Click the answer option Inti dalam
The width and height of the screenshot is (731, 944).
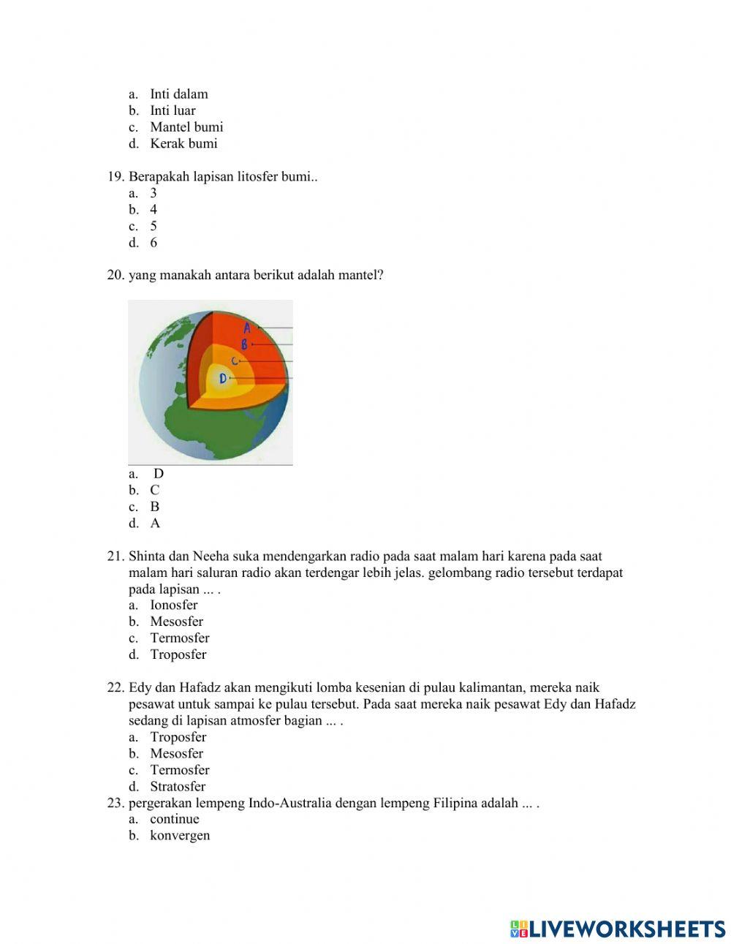click(x=178, y=94)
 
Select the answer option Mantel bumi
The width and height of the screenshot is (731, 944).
click(x=186, y=127)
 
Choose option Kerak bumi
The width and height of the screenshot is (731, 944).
click(x=183, y=143)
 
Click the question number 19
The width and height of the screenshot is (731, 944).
click(x=115, y=176)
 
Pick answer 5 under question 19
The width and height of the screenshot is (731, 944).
click(x=154, y=226)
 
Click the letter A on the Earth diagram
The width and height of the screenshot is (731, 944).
click(x=248, y=328)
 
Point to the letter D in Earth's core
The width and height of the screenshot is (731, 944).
click(x=223, y=379)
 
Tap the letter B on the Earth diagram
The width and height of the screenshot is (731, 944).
click(x=245, y=344)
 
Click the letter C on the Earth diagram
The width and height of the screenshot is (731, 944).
click(x=234, y=361)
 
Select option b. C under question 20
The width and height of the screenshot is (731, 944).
click(x=154, y=490)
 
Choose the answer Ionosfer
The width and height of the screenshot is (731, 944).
click(x=173, y=605)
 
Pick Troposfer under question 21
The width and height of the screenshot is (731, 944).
click(x=178, y=654)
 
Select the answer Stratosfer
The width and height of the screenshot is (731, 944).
click(x=178, y=787)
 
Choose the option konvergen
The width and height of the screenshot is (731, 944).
click(x=179, y=835)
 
